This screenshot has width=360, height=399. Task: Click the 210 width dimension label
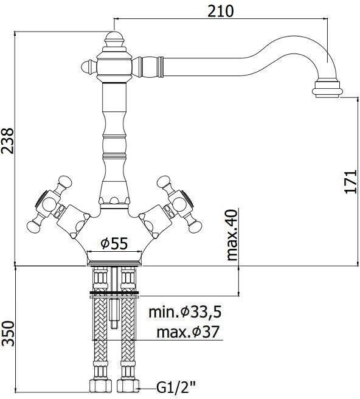click(220, 11)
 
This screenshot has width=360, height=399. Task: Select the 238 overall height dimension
click(7, 141)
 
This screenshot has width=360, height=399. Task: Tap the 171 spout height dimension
click(351, 182)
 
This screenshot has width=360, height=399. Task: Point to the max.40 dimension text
click(232, 234)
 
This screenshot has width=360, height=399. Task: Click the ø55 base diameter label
click(114, 243)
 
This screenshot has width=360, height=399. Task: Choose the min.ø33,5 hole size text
click(185, 312)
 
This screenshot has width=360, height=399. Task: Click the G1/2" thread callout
click(176, 388)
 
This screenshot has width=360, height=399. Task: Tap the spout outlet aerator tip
click(327, 89)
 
